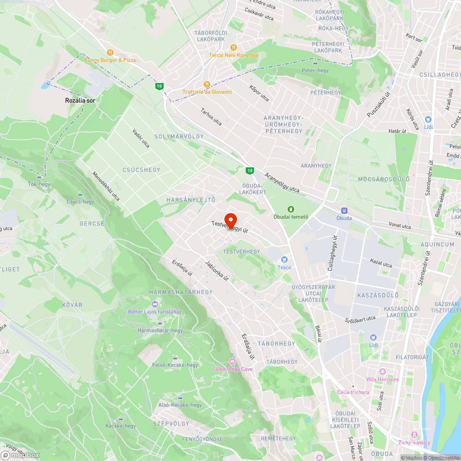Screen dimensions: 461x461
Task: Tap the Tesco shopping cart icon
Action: click(x=284, y=260)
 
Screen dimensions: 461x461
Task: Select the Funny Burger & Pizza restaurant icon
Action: click(x=110, y=53)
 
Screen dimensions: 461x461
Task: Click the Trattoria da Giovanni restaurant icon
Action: click(x=207, y=84)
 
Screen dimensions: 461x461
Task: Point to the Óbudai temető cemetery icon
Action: click(x=291, y=210)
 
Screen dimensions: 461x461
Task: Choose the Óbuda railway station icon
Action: click(x=344, y=210)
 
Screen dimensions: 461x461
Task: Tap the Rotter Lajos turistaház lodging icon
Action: click(x=155, y=304)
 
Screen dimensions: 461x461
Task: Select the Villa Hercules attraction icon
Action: click(x=382, y=372)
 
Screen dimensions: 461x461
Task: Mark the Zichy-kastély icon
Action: click(x=414, y=435)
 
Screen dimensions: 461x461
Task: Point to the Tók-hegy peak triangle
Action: click(x=39, y=177)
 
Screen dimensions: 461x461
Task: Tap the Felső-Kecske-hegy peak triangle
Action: click(x=175, y=358)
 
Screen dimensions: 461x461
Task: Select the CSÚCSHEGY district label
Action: click(x=142, y=170)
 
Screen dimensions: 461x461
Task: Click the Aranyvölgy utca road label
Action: click(x=282, y=183)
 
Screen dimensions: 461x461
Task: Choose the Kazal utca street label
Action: click(x=381, y=263)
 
